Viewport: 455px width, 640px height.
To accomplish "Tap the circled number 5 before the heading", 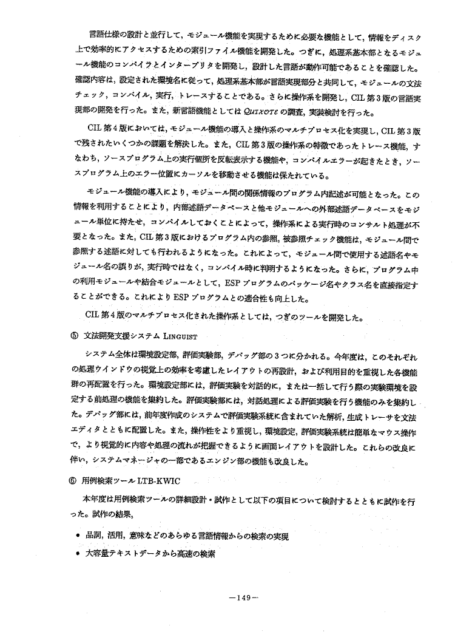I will tap(73, 336).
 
